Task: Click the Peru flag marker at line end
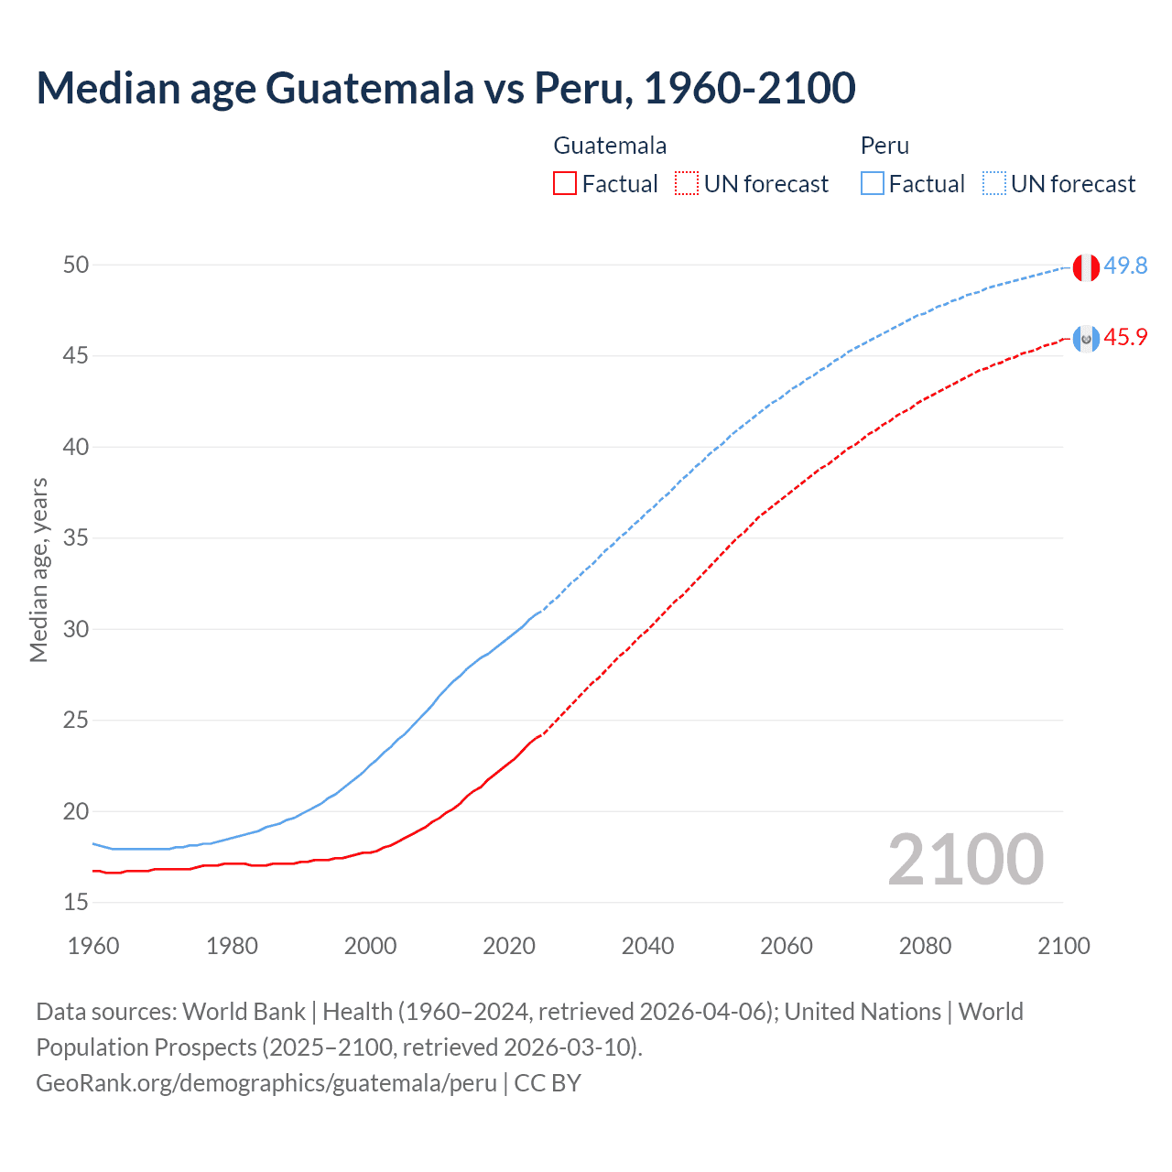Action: click(1086, 267)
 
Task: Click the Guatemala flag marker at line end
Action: click(1086, 339)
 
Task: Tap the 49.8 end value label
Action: click(1125, 266)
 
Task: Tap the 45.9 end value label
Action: click(1125, 337)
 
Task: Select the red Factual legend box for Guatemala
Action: click(565, 184)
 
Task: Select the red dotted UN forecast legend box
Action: click(687, 184)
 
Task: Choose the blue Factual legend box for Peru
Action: click(873, 184)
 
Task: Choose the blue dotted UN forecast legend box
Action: click(993, 184)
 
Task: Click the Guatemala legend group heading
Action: click(610, 146)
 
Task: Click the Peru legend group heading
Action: click(884, 146)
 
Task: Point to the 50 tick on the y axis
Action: click(76, 265)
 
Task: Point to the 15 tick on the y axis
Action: click(76, 902)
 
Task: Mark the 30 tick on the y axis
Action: click(76, 629)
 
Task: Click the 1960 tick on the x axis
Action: click(93, 946)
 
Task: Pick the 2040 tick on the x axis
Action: click(647, 946)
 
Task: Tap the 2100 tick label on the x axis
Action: click(1063, 946)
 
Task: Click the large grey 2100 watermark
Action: click(965, 859)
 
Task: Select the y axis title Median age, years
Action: click(38, 570)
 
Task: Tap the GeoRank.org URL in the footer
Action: click(266, 1083)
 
